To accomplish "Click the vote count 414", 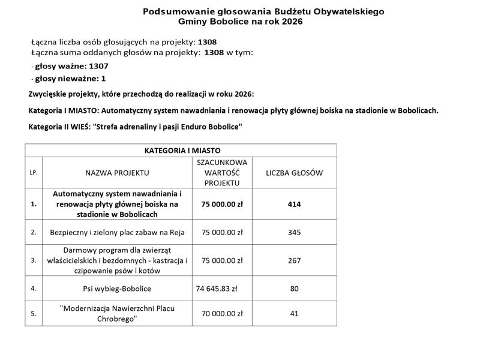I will pyautogui.click(x=294, y=204).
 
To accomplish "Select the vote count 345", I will pyautogui.click(x=294, y=232).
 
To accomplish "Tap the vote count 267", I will pyautogui.click(x=294, y=260).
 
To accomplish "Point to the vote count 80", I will pyautogui.click(x=294, y=289).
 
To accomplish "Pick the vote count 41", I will pyautogui.click(x=294, y=313).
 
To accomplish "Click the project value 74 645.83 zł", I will pyautogui.click(x=217, y=289).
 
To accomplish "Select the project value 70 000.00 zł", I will pyautogui.click(x=222, y=313).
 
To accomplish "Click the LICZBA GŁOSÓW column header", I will pyautogui.click(x=294, y=173).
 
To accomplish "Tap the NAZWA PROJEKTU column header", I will pyautogui.click(x=117, y=173).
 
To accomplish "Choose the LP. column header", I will pyautogui.click(x=34, y=173).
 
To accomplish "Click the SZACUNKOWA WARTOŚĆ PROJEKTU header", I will pyautogui.click(x=222, y=173).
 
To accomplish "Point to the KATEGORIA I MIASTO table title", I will pyautogui.click(x=181, y=151).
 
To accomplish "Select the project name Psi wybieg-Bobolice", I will pyautogui.click(x=117, y=289).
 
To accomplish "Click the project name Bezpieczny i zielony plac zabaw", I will pyautogui.click(x=117, y=232).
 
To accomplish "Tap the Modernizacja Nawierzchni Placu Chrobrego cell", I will pyautogui.click(x=117, y=313).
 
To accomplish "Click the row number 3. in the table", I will pyautogui.click(x=34, y=260).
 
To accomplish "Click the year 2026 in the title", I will pyautogui.click(x=292, y=22).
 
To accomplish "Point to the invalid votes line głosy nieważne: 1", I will pyautogui.click(x=70, y=79).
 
